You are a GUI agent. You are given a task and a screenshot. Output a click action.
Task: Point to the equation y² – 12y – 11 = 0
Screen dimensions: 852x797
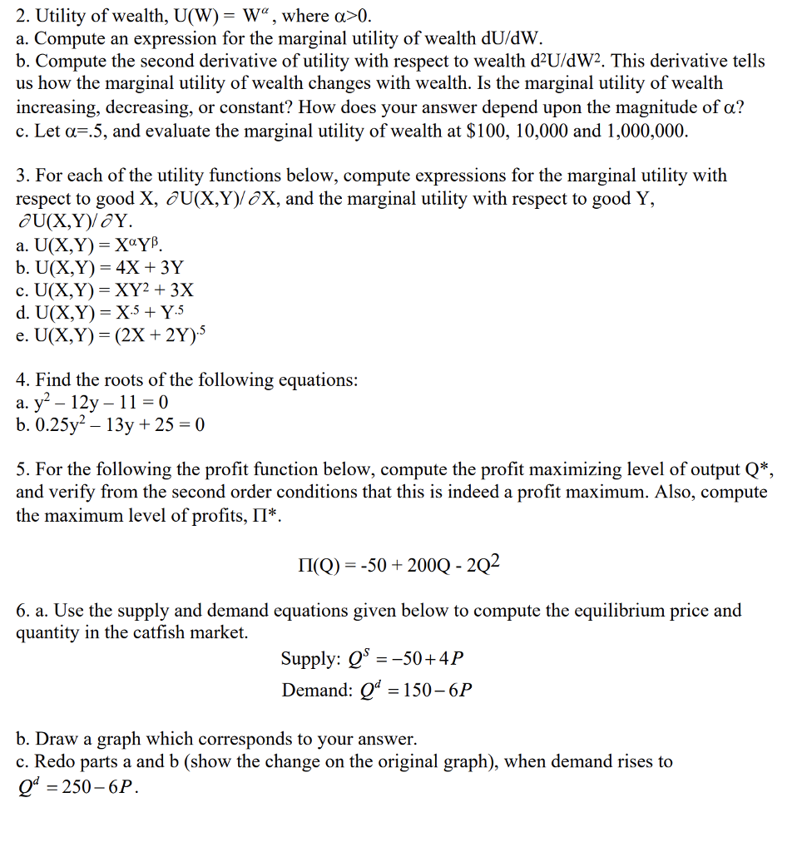[92, 403]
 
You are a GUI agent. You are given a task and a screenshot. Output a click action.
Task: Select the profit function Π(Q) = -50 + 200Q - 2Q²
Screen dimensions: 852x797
[393, 566]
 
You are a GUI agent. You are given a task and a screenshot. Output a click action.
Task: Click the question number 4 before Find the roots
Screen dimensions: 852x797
[22, 380]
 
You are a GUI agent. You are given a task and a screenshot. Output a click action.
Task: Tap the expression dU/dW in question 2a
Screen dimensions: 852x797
[511, 38]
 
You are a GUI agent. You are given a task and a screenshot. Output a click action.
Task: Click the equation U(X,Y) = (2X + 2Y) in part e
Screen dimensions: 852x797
[109, 335]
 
